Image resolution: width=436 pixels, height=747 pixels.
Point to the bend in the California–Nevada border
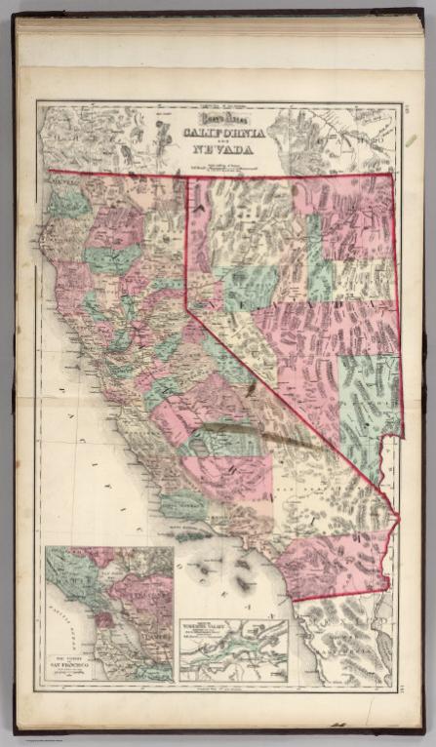188,313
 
